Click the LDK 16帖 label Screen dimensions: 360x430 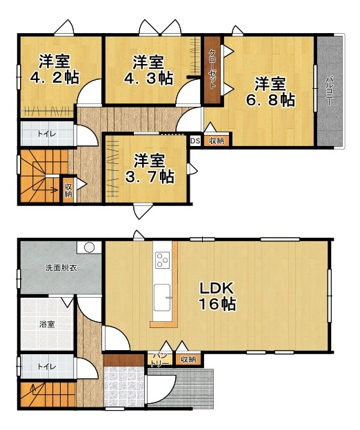point(217,296)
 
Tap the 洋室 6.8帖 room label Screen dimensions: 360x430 point(270,92)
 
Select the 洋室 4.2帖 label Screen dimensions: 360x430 point(54,70)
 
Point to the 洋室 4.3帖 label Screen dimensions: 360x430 point(148,70)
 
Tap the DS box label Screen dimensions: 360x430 point(195,141)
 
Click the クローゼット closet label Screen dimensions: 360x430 point(212,70)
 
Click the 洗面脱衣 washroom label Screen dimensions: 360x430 point(61,268)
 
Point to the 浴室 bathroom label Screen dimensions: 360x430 point(47,325)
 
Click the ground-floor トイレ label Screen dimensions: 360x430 point(47,367)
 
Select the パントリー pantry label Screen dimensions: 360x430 point(160,360)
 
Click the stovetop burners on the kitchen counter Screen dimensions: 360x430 point(163,259)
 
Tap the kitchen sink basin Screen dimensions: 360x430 point(162,298)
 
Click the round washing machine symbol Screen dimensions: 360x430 point(89,247)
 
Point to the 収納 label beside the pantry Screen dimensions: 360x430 point(188,359)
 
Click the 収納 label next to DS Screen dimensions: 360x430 point(217,141)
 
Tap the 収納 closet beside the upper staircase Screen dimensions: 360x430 point(68,190)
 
